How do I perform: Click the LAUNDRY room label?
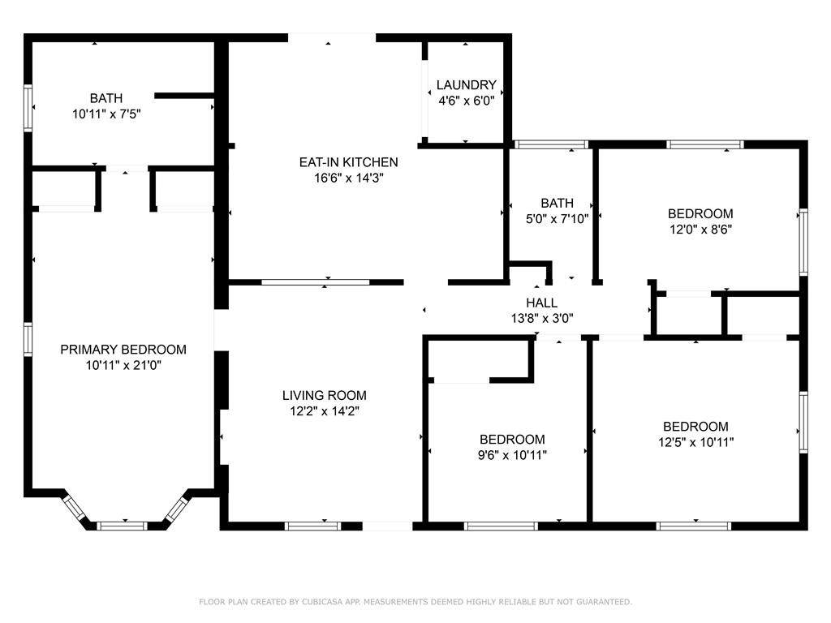(467, 84)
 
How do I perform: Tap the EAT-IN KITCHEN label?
(348, 162)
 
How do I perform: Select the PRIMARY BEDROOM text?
(123, 350)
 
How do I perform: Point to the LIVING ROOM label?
(325, 395)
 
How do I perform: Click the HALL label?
(541, 303)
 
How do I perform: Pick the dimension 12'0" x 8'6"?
(700, 230)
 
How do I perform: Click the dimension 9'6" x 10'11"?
(512, 455)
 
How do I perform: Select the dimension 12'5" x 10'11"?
(695, 442)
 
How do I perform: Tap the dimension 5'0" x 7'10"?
(557, 219)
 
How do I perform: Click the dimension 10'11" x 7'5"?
(106, 114)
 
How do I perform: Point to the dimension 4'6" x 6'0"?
(467, 101)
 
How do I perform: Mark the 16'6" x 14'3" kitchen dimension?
(348, 178)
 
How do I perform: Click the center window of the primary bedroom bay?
(122, 526)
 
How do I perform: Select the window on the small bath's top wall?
(551, 144)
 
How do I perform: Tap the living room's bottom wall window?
(312, 526)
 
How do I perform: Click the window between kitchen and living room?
(316, 282)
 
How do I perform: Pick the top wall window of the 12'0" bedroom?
(705, 144)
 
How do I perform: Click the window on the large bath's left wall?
(28, 108)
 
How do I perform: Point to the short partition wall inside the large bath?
(184, 96)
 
